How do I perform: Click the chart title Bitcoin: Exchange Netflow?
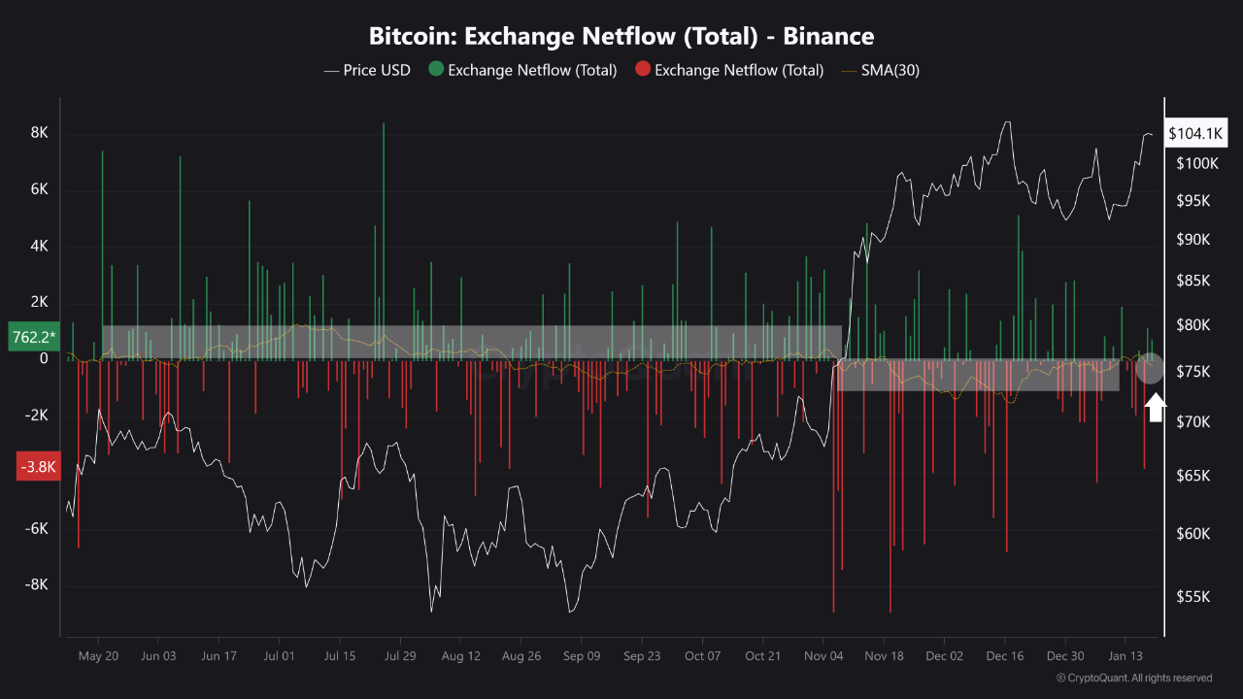[621, 37]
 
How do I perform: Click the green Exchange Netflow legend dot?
[436, 70]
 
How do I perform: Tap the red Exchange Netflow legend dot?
[642, 70]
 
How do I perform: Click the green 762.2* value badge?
[32, 337]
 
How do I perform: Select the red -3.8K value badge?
[38, 467]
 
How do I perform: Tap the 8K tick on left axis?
[39, 133]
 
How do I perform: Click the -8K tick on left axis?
[36, 584]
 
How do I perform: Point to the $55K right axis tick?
[1193, 597]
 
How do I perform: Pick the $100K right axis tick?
[1196, 163]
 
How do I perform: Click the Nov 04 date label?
[823, 655]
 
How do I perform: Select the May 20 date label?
[98, 655]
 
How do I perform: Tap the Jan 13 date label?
[1125, 655]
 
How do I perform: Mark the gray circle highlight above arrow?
[1151, 369]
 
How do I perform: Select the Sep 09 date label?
[581, 655]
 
